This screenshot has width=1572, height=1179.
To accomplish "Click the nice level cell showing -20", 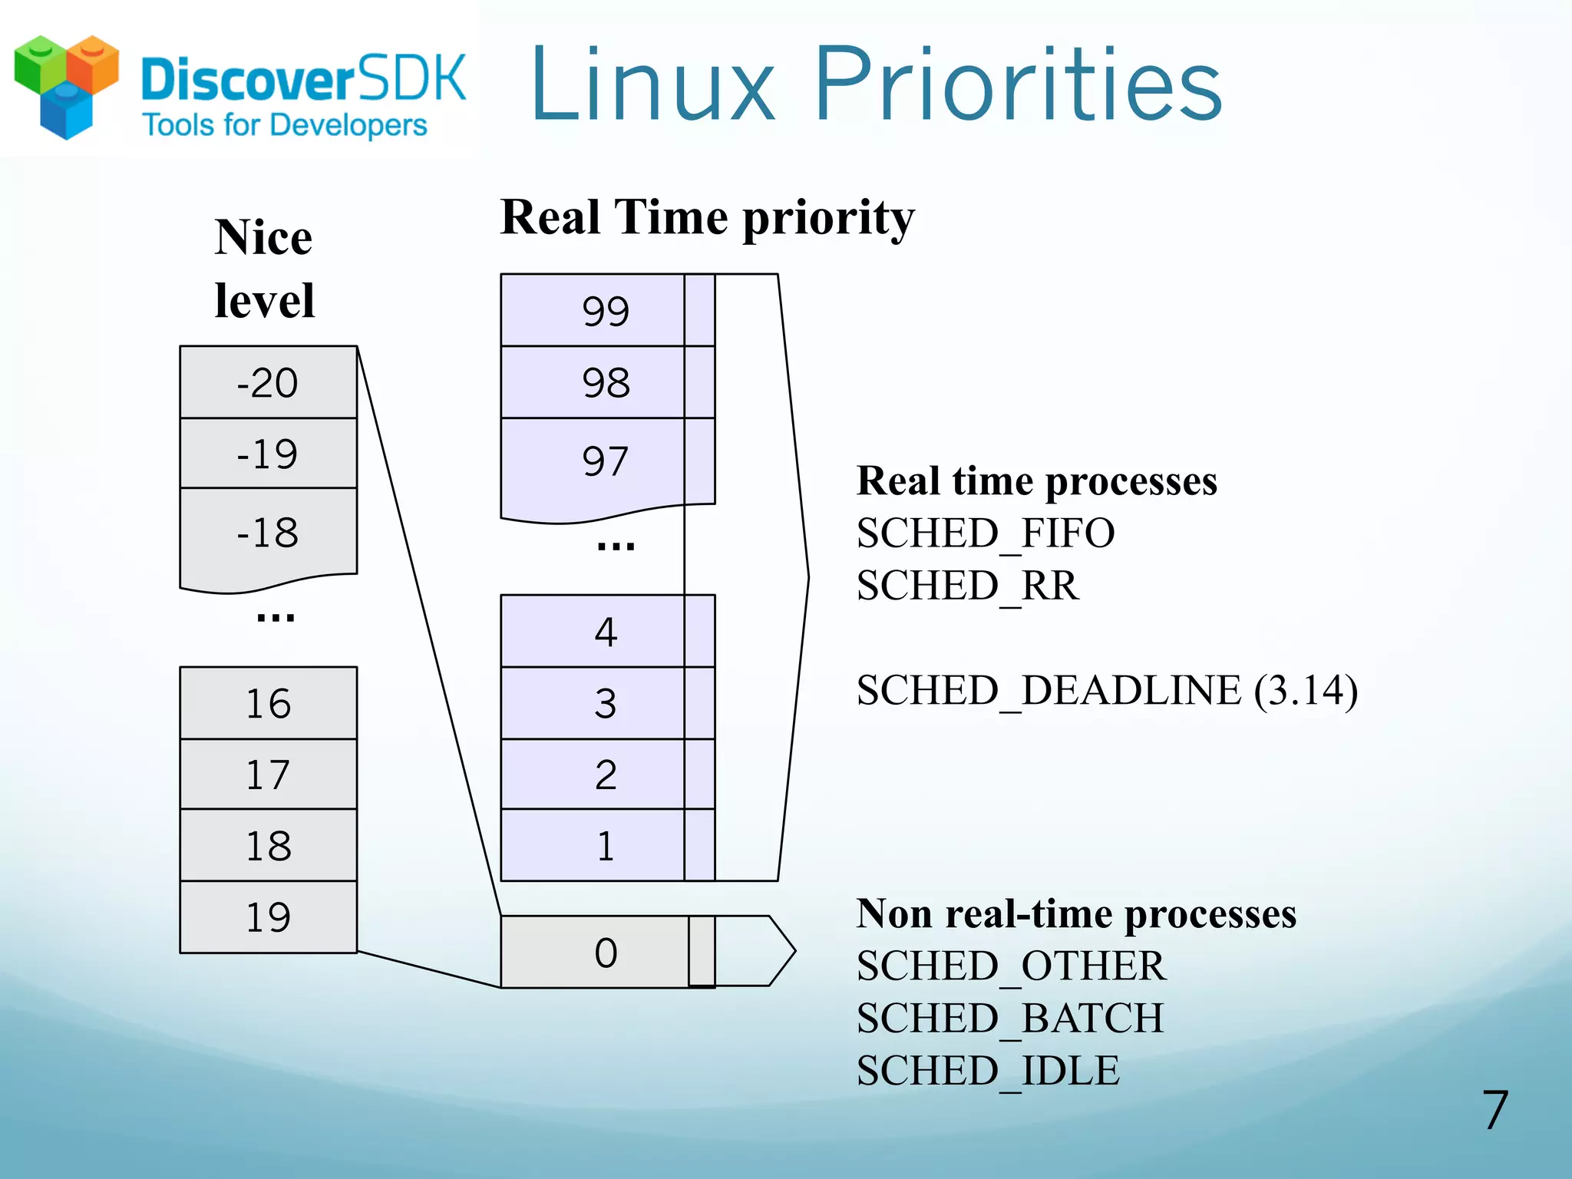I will click(268, 382).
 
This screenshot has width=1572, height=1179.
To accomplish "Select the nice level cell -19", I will click(268, 454).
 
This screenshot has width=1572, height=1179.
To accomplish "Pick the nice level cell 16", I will click(268, 703).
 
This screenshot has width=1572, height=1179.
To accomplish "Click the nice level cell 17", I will click(268, 774).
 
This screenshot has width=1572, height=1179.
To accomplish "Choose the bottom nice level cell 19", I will click(268, 917).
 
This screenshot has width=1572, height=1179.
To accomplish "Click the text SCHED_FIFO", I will click(985, 533).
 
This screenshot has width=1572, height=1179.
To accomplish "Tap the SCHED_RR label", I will click(967, 586).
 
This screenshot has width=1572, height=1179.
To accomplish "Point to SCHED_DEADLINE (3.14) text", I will click(1107, 690).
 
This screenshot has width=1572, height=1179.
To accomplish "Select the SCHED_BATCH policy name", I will click(1009, 1019).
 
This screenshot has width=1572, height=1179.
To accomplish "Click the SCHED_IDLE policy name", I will click(988, 1071).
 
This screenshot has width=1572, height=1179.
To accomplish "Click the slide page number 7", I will click(1494, 1111).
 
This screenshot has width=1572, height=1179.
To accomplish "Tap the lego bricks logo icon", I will click(67, 86).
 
